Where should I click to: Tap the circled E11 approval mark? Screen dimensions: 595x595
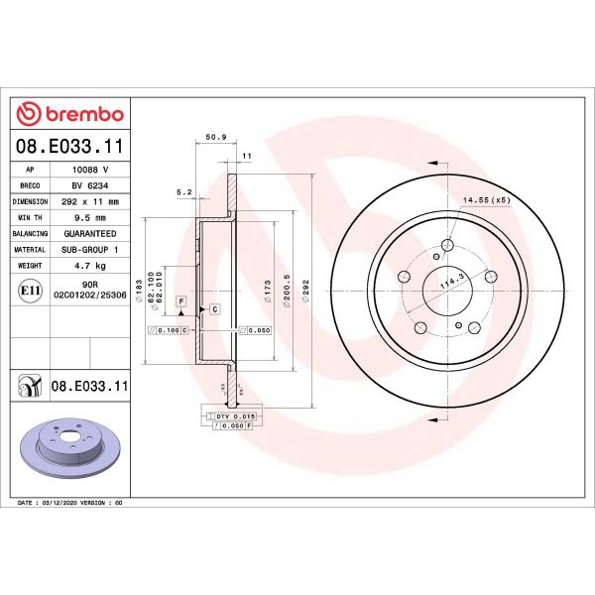[29, 290]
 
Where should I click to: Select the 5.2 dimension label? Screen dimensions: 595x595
[182, 191]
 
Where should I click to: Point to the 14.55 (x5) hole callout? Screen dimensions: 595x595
[486, 201]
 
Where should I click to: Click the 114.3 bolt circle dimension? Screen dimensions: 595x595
[454, 282]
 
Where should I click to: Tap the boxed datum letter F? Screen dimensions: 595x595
[181, 299]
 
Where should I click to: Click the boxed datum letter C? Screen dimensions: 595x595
[214, 310]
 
